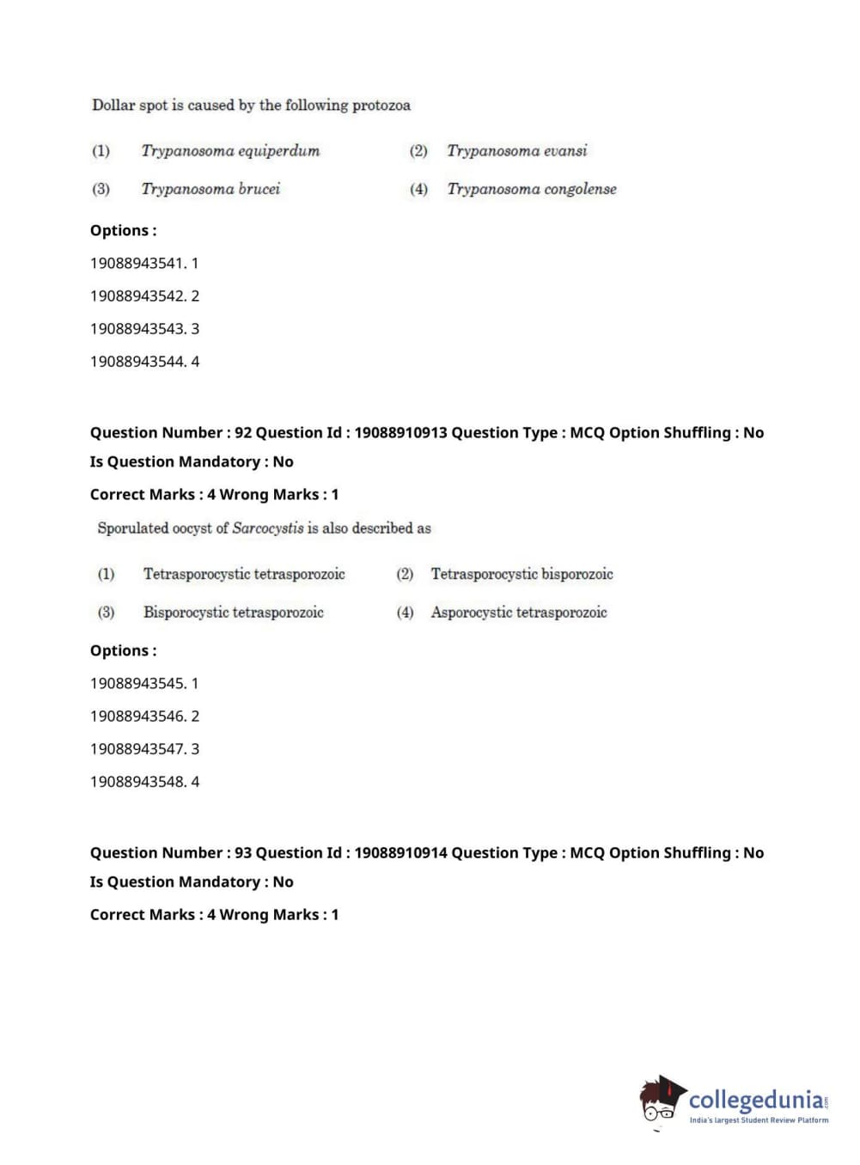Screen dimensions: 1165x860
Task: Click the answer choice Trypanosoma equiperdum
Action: pos(230,151)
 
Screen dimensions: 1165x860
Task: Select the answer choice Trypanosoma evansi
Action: pos(516,151)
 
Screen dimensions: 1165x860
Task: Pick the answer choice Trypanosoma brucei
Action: pos(210,189)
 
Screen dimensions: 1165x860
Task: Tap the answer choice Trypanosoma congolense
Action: pos(531,189)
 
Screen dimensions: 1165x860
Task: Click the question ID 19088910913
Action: pos(400,433)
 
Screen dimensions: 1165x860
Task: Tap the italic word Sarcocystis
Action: pos(268,528)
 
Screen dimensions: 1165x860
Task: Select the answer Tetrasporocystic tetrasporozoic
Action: pos(244,574)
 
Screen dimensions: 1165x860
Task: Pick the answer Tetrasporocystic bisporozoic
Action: pos(521,574)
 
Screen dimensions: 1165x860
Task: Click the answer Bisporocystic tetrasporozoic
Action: pos(233,613)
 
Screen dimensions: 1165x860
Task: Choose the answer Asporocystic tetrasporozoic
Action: pos(519,613)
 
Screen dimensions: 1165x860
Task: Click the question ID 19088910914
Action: pos(400,853)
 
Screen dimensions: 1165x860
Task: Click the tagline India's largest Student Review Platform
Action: pos(759,1120)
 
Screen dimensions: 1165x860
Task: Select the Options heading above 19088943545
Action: pos(123,651)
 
